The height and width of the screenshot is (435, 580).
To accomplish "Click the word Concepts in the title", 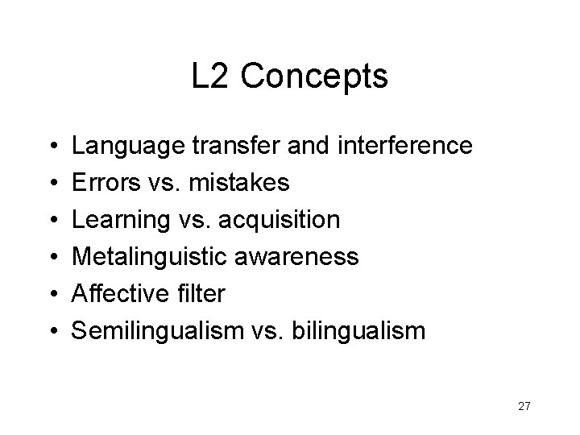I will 314,77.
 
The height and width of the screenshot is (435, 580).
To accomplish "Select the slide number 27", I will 524,406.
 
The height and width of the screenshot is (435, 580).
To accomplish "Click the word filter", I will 198,292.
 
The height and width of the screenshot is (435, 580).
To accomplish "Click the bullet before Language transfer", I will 51,147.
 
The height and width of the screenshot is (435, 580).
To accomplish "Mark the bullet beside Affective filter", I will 51,293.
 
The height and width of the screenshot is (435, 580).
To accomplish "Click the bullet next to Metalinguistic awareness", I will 51,257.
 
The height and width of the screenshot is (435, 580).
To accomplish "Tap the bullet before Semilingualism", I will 51,330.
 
